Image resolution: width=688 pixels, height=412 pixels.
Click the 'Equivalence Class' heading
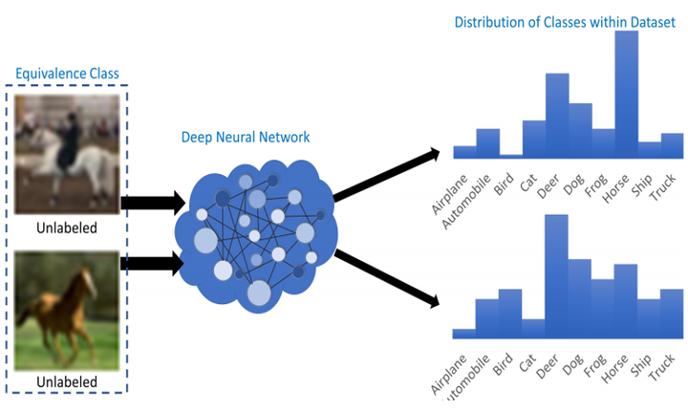(67, 74)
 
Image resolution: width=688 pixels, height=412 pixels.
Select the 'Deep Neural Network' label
(246, 137)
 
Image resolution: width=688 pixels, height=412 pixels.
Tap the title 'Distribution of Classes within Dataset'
(565, 22)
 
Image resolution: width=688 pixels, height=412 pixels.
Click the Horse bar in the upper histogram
(627, 95)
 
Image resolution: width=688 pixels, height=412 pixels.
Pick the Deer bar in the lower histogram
(556, 276)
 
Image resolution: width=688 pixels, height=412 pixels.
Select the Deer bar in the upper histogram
(557, 116)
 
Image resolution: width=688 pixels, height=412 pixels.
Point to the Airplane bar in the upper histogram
(464, 152)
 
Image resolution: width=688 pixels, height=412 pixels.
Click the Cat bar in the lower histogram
(533, 329)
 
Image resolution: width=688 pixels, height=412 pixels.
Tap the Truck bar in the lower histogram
(672, 314)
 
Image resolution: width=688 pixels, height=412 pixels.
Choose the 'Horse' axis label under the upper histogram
(615, 188)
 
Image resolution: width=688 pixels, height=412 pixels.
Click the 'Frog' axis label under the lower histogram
(595, 365)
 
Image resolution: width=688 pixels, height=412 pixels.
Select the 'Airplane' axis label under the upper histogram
(449, 194)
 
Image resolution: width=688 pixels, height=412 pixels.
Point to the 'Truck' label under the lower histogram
(661, 368)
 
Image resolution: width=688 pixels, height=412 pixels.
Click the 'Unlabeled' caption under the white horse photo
(67, 228)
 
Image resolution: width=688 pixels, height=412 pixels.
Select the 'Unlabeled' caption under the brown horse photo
(67, 381)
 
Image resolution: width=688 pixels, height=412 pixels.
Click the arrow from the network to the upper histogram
(387, 176)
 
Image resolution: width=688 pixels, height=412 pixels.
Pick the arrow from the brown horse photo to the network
(153, 263)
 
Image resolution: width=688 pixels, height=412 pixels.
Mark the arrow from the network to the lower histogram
(387, 278)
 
